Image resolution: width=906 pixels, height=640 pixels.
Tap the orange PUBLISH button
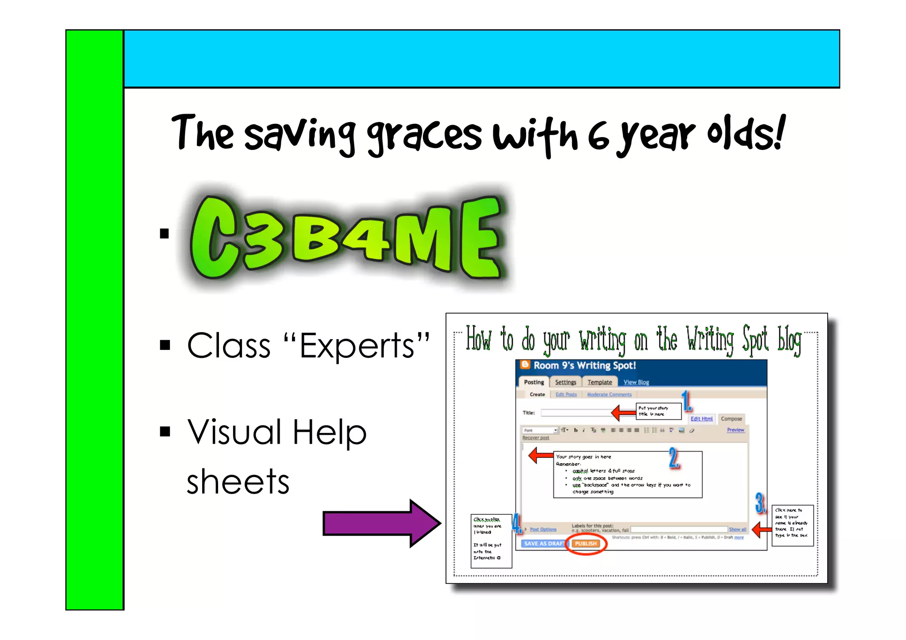point(586,544)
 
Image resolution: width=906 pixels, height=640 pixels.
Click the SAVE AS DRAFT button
point(544,544)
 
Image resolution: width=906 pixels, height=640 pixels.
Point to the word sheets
point(238,482)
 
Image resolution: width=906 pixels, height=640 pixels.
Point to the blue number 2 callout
point(674,457)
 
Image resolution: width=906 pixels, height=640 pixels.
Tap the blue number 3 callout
point(760,503)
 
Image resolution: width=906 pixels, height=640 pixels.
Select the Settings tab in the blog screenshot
point(565,382)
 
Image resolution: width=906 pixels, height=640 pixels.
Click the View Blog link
point(636,382)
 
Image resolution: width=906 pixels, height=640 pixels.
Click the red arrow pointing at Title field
point(623,413)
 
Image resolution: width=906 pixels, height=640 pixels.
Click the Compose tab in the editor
point(731,419)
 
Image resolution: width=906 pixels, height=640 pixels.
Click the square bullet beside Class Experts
point(165,345)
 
